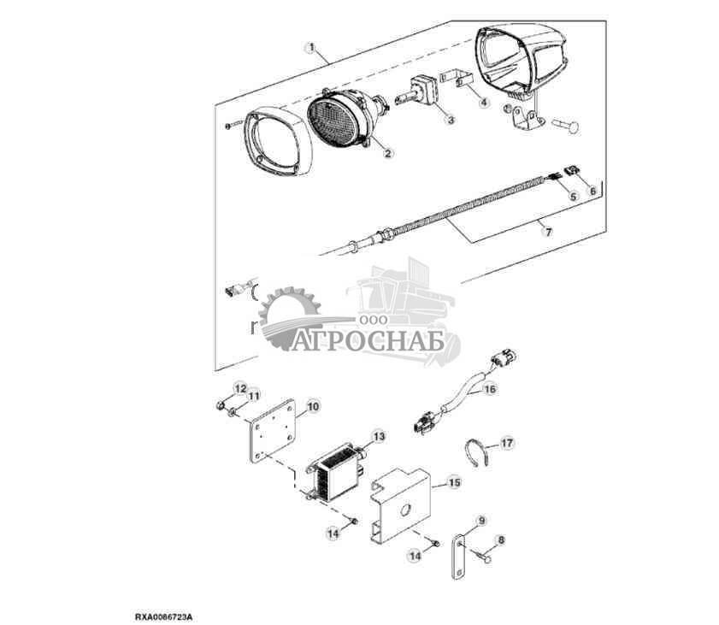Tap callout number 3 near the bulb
(x=449, y=121)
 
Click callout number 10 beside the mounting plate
(x=313, y=408)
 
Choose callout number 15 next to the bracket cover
(x=455, y=483)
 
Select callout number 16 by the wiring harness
(x=489, y=389)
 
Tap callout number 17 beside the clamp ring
(x=508, y=443)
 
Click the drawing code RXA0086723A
(x=163, y=615)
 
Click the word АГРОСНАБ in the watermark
(x=369, y=341)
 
